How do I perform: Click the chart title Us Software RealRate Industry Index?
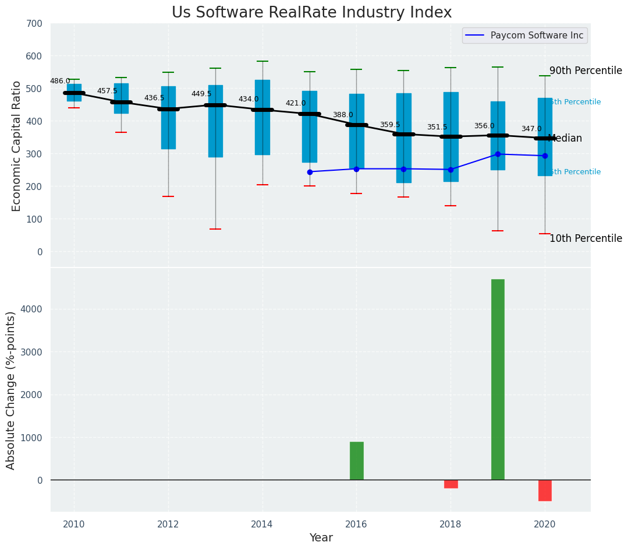(x=311, y=13)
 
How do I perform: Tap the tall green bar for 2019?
(x=498, y=379)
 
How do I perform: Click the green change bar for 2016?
(x=356, y=460)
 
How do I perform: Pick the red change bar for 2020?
(x=545, y=490)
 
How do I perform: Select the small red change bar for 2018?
(x=450, y=484)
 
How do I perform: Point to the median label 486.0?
(x=60, y=81)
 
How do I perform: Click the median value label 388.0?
(x=343, y=115)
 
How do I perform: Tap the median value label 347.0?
(x=531, y=129)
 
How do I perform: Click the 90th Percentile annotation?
(x=586, y=71)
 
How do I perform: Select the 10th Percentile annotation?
(x=586, y=238)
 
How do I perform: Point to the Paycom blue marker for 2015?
(x=310, y=172)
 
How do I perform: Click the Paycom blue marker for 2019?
(x=498, y=154)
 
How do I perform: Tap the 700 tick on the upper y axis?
(x=34, y=23)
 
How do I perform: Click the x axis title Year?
(x=321, y=538)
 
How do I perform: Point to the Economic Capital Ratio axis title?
(x=16, y=146)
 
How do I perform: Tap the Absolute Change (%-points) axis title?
(x=11, y=390)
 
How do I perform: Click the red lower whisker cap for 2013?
(x=215, y=229)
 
